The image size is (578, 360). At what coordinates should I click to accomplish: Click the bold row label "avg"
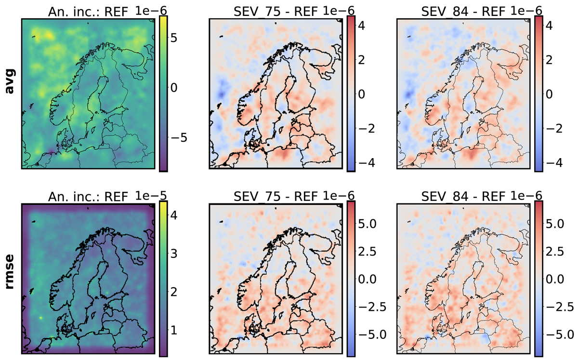10,81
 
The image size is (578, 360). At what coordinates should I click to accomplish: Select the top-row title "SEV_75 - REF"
276,12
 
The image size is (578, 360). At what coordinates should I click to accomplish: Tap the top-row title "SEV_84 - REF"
463,12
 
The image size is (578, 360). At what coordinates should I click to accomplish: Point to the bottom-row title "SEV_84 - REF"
463,197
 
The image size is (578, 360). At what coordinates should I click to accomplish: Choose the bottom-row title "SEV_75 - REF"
276,197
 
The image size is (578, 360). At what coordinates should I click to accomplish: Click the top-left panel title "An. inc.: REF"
88,12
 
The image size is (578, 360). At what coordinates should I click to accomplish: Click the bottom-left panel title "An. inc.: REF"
88,197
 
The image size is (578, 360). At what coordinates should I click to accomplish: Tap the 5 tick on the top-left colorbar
174,38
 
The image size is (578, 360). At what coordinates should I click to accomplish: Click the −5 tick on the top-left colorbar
179,138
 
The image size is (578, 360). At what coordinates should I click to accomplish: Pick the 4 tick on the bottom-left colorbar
174,215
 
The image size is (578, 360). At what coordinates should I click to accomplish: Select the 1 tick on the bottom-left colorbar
174,330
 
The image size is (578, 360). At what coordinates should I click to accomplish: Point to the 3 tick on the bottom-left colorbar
174,253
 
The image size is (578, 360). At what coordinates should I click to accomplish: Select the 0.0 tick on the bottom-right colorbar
555,279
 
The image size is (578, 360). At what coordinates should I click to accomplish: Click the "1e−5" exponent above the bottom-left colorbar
151,196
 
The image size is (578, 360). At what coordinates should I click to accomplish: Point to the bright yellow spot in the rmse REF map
40,318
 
